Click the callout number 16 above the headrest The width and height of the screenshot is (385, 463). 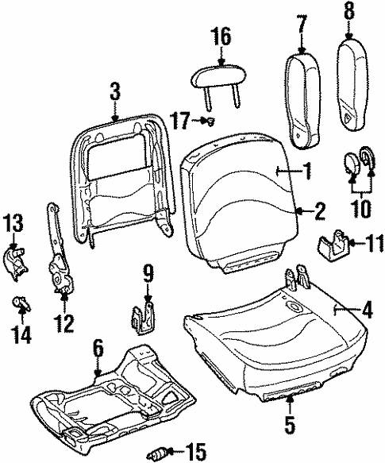(221, 37)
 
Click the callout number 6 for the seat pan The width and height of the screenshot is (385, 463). (98, 348)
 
